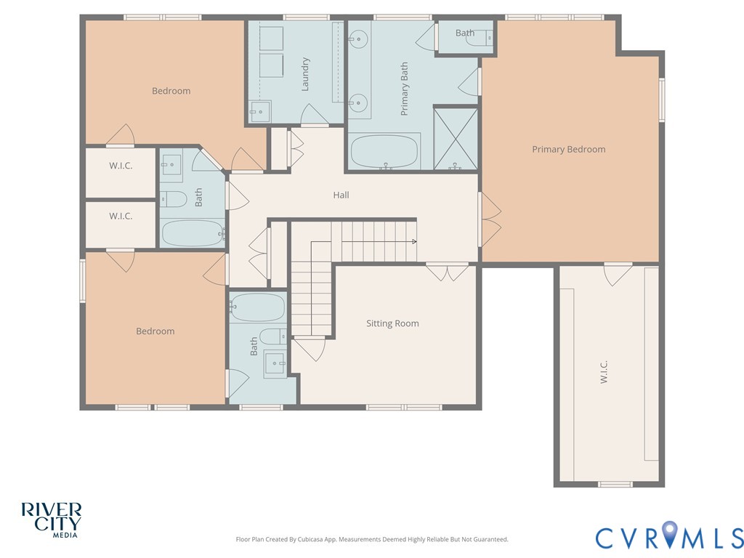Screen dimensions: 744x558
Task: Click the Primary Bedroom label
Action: coord(568,150)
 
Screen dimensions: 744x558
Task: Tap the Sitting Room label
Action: coord(392,323)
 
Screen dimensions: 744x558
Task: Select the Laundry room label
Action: coord(305,74)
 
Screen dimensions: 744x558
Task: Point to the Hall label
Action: coord(341,195)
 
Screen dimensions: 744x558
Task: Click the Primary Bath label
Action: coord(404,89)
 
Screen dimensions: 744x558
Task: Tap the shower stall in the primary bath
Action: coord(456,139)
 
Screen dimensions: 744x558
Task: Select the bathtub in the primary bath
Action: coord(384,151)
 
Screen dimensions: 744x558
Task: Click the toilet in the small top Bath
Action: coord(480,38)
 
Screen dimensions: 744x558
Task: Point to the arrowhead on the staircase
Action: coord(414,242)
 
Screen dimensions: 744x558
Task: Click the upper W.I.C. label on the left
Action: coord(121,166)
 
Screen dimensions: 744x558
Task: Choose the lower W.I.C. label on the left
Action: coord(121,217)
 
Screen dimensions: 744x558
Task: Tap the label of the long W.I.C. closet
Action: coord(604,372)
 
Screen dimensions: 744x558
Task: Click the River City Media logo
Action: coord(52,520)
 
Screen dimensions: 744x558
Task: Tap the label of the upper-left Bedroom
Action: coord(171,91)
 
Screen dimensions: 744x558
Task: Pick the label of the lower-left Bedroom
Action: coord(155,331)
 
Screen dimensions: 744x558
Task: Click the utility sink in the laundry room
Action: coord(260,111)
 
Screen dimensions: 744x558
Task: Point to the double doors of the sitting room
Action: coord(447,272)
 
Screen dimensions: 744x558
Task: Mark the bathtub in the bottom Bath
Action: coord(257,307)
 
